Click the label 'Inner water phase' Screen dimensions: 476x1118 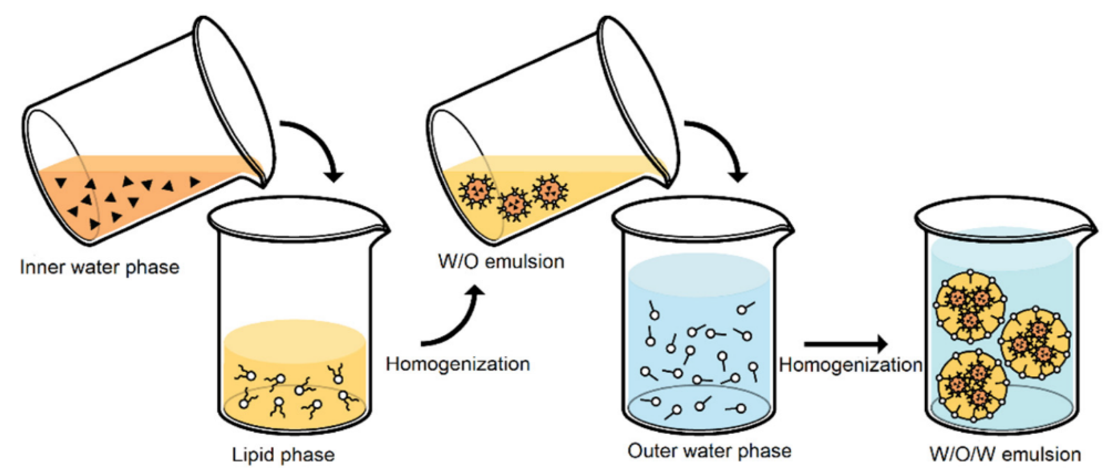(x=99, y=267)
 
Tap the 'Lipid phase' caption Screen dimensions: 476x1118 (x=283, y=455)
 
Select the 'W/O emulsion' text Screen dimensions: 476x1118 (x=501, y=262)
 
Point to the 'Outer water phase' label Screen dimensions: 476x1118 (x=709, y=451)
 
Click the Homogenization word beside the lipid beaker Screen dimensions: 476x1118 (x=458, y=364)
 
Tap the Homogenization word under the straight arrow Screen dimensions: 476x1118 (x=850, y=365)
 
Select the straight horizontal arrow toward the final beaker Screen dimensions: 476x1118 (x=846, y=344)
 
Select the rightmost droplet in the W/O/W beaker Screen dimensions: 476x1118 (x=1035, y=343)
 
